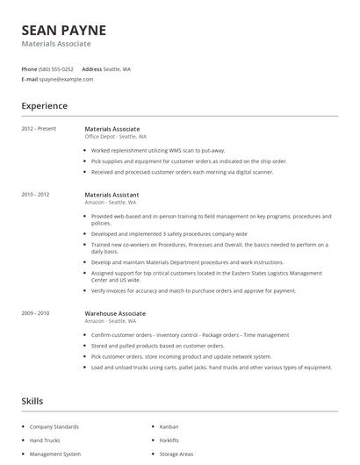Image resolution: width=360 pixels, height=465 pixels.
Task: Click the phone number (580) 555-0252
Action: point(57,68)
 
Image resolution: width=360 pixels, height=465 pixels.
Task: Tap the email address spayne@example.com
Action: point(66,79)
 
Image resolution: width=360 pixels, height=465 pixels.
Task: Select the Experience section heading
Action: point(45,106)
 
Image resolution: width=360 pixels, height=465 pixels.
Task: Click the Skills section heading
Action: point(32,401)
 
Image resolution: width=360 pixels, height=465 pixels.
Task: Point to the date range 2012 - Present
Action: point(39,129)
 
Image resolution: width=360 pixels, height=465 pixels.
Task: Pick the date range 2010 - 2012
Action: point(35,194)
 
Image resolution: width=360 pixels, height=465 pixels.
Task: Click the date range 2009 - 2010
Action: point(35,313)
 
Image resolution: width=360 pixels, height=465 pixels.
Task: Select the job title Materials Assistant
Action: point(112,194)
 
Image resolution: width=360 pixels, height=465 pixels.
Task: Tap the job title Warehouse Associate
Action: point(115,313)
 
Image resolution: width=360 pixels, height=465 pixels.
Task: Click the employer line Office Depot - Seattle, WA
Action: point(115,137)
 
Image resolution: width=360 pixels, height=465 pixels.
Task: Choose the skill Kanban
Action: point(169,426)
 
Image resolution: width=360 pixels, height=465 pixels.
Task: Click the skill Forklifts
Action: point(169,440)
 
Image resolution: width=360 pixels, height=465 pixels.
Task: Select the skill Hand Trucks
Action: point(44,440)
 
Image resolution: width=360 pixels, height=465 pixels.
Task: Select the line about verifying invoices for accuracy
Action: point(193,290)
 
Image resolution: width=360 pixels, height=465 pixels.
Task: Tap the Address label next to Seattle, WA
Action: point(91,68)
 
